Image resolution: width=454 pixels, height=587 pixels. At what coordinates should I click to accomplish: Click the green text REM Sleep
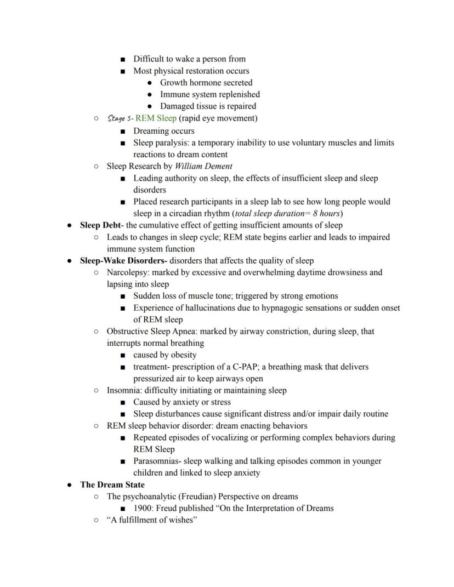coord(156,118)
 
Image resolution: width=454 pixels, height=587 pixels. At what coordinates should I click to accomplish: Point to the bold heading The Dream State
coord(112,485)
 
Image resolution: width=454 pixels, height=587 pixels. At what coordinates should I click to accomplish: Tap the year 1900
coord(143,508)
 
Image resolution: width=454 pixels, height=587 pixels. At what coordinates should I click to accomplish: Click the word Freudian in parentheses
coord(196,497)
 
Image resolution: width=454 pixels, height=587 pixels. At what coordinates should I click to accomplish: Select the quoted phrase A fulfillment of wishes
coord(152,520)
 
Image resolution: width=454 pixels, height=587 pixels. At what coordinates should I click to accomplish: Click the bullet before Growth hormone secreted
coord(150,83)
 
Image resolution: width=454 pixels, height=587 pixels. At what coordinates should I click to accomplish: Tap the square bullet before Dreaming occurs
coord(123,131)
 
